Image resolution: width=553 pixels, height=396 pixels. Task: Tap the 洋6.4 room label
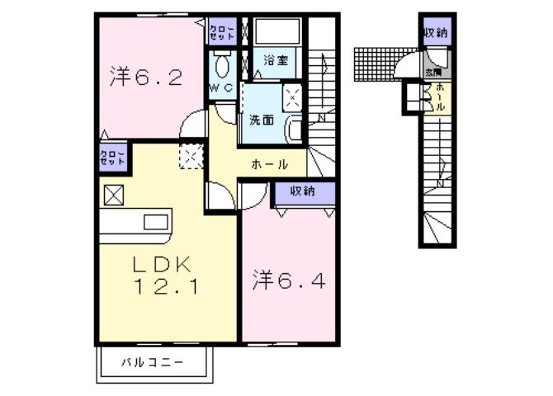[288, 281]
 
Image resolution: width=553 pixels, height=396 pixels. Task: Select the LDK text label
[163, 265]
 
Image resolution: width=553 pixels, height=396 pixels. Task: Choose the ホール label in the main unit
[269, 164]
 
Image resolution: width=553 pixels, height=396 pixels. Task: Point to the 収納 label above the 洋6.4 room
[303, 191]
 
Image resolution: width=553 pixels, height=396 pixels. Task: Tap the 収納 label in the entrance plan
[435, 33]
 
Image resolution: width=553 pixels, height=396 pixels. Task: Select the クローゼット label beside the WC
[221, 32]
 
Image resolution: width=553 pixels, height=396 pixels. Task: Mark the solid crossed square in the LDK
[112, 196]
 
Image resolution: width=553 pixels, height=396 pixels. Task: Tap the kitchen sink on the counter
[156, 221]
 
